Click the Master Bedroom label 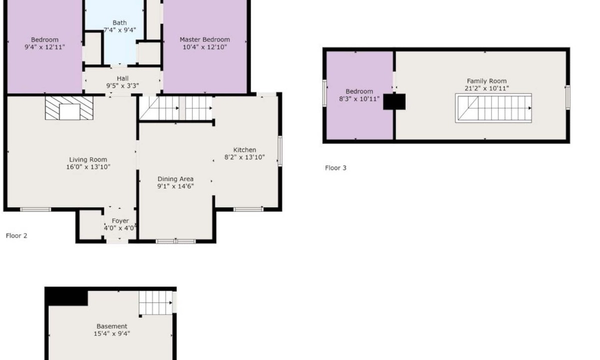pos(204,39)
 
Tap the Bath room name pos(119,23)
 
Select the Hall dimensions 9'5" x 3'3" pos(122,86)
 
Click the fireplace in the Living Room pos(69,108)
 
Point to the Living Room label pos(88,159)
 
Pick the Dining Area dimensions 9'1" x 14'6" pos(175,186)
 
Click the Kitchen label pos(244,150)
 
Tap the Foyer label pos(120,221)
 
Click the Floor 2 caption pos(16,235)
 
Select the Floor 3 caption pos(335,168)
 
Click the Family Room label pos(486,81)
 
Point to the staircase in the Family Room pos(493,108)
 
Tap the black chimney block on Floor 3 pos(394,101)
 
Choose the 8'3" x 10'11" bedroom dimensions pos(359,99)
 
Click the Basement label pos(111,326)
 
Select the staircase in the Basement pos(155,302)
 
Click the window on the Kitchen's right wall pos(280,151)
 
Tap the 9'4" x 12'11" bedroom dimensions pos(44,47)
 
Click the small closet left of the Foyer pos(90,224)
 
